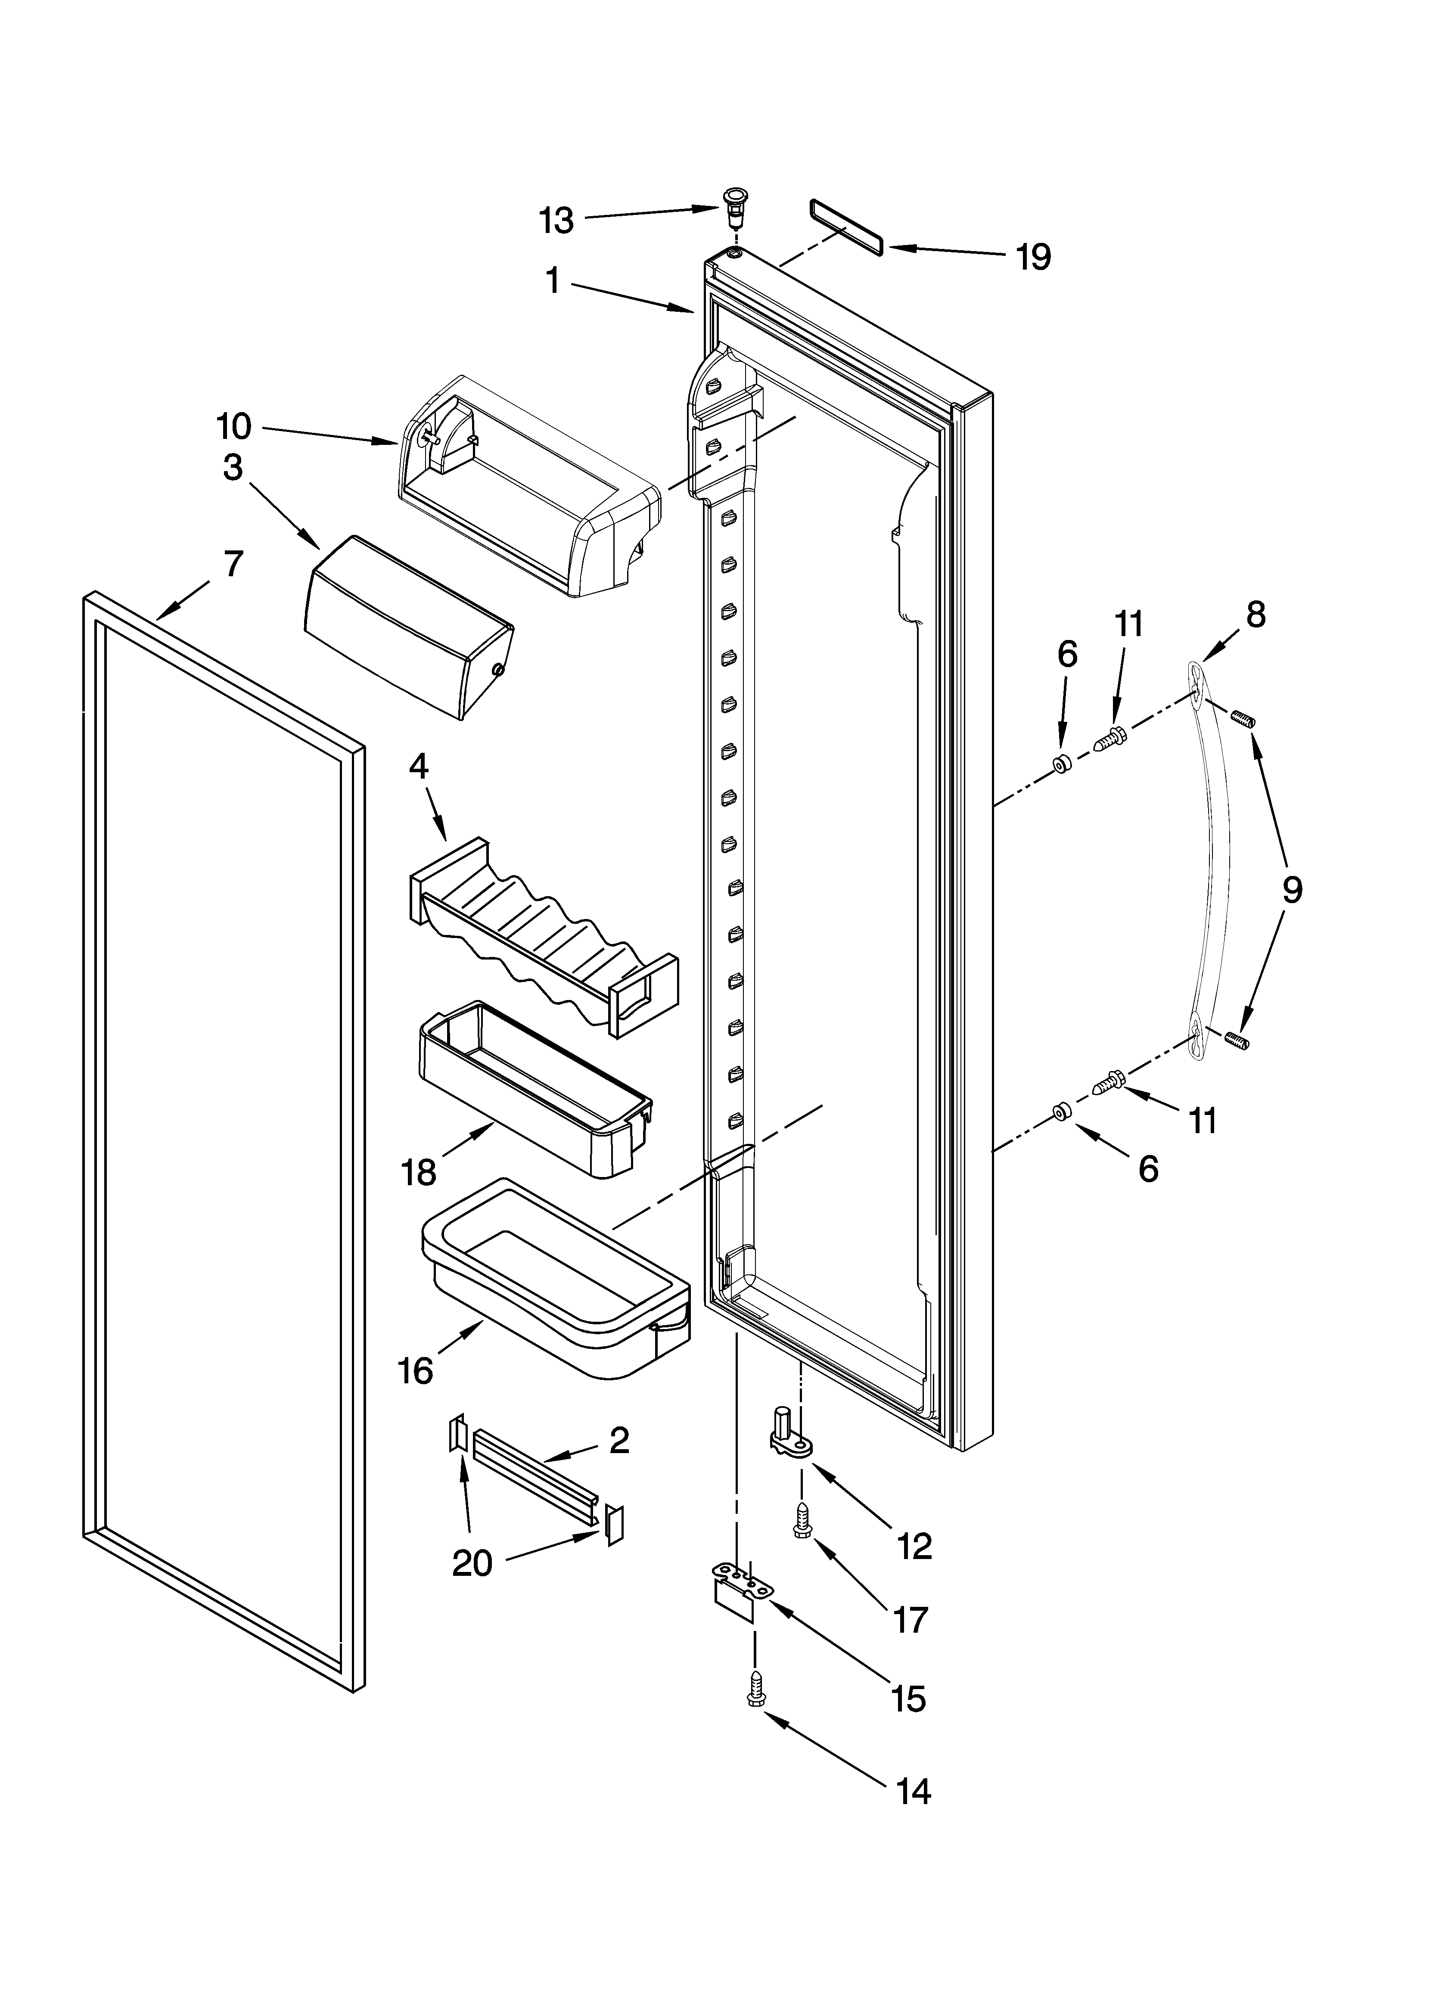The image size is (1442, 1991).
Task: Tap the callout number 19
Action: [1034, 257]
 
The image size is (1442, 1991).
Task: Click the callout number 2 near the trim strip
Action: [619, 1441]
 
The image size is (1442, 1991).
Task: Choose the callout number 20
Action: [472, 1562]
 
